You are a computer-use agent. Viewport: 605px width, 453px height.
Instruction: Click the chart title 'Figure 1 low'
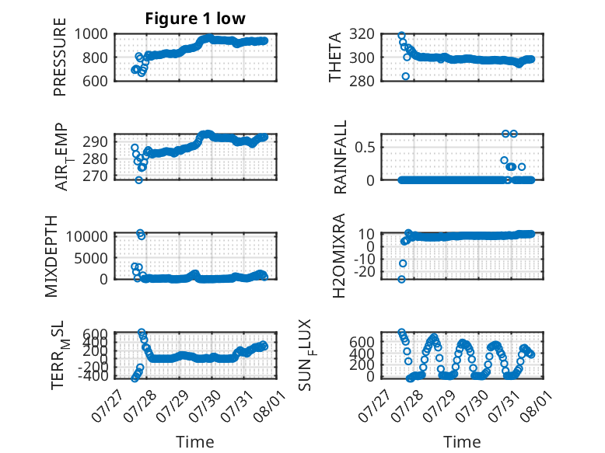click(x=195, y=19)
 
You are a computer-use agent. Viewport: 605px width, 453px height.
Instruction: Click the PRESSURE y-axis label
click(x=60, y=57)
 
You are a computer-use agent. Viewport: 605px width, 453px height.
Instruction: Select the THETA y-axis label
click(x=335, y=57)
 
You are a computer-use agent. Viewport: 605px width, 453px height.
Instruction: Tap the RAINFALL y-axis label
click(x=341, y=157)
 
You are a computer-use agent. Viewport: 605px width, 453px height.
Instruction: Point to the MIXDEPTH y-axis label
click(x=51, y=256)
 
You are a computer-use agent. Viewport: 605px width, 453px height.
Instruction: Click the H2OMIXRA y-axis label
click(x=338, y=256)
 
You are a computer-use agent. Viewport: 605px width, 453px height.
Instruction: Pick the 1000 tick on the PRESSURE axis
click(x=91, y=34)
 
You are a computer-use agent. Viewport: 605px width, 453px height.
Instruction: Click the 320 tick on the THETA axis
click(x=362, y=34)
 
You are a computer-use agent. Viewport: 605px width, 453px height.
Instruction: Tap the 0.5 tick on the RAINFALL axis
click(x=365, y=148)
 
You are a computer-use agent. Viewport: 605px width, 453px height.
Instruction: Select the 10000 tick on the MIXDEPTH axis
click(x=87, y=236)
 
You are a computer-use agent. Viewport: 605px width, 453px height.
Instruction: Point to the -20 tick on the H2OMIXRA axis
click(x=364, y=272)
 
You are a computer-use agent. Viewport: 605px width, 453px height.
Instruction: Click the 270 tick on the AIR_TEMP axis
click(x=95, y=176)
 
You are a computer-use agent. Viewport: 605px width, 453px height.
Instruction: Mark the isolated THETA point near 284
click(x=405, y=76)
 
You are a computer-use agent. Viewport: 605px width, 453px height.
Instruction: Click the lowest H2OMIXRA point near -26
click(x=402, y=279)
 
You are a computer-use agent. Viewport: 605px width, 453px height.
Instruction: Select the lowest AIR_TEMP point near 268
click(x=139, y=180)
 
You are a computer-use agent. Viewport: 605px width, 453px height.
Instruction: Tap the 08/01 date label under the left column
click(x=270, y=405)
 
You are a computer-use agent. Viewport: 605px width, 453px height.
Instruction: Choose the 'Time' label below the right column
click(x=462, y=442)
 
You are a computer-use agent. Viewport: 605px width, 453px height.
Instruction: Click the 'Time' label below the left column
click(x=195, y=442)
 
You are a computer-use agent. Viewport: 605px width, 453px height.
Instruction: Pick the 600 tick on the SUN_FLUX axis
click(x=362, y=342)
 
